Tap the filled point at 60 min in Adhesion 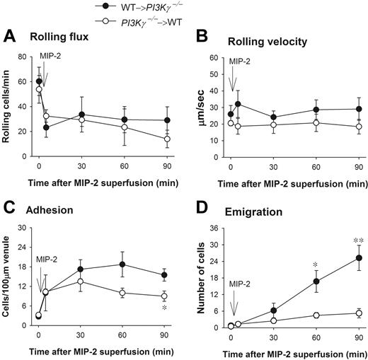click(123, 265)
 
